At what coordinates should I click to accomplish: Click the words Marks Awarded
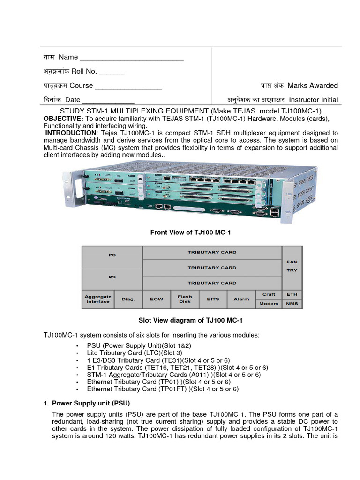tap(312, 85)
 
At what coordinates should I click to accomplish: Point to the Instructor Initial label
tap(313, 100)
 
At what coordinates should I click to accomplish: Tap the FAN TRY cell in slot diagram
tap(292, 266)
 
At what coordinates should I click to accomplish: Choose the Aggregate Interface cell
tap(98, 299)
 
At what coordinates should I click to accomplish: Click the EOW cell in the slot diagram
tap(157, 299)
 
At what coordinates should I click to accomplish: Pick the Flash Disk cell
tap(185, 299)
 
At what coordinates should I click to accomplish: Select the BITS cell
tap(213, 299)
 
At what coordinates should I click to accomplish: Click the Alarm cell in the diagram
tap(241, 299)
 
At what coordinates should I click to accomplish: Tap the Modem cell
tap(269, 304)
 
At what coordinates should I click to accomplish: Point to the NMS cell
tap(292, 304)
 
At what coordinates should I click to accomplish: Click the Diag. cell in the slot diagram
tap(128, 299)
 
